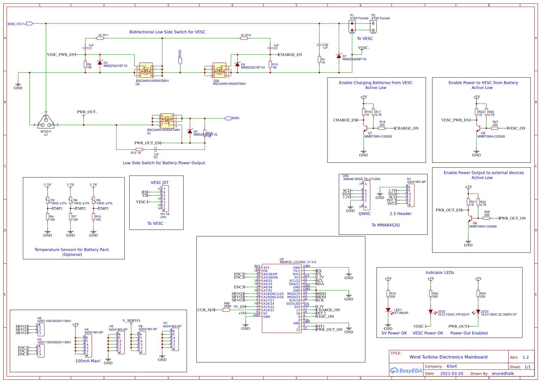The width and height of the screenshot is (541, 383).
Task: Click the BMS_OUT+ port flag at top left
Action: click(x=29, y=24)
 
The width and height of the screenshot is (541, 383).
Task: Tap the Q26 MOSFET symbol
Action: click(x=219, y=70)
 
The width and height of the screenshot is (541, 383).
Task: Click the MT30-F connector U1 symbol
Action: click(x=46, y=122)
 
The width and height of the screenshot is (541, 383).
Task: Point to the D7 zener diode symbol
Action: click(x=339, y=56)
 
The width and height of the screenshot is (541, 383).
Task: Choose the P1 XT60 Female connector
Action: click(x=352, y=27)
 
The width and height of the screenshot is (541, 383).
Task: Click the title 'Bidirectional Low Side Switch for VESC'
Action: click(x=167, y=32)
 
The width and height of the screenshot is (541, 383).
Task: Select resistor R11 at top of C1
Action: click(x=100, y=38)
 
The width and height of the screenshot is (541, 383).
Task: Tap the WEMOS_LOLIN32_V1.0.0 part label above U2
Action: click(x=298, y=262)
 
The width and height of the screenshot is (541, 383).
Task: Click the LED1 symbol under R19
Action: click(x=388, y=310)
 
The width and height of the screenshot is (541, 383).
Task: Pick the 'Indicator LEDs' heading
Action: click(x=439, y=273)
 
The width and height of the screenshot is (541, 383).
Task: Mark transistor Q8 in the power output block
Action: click(x=470, y=218)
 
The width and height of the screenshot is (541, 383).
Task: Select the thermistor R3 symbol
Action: click(x=48, y=200)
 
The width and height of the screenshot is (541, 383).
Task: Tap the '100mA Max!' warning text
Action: click(x=88, y=361)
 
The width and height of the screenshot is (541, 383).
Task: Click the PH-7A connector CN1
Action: click(x=165, y=199)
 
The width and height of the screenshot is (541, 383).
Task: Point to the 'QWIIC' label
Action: click(x=364, y=214)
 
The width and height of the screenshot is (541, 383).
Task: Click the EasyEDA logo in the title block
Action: click(x=406, y=371)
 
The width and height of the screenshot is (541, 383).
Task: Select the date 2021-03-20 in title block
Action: click(x=452, y=374)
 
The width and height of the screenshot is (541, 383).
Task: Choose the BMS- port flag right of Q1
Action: click(x=228, y=118)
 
